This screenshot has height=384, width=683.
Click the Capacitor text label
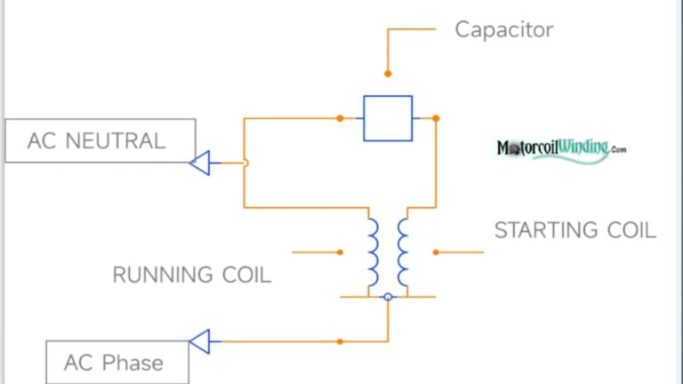(503, 29)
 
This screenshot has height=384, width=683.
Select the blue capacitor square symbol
(388, 118)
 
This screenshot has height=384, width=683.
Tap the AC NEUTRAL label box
(100, 140)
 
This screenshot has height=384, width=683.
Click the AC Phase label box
(117, 363)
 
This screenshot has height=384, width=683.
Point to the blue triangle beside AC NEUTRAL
(200, 163)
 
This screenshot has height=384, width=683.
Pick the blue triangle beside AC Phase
(200, 341)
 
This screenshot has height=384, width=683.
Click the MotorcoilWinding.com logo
(561, 149)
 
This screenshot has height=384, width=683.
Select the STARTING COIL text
(575, 230)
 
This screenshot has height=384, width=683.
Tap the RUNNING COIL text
(191, 275)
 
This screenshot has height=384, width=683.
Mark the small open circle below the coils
(388, 296)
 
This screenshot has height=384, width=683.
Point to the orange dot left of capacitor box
(340, 118)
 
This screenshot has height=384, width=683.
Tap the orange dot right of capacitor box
(436, 118)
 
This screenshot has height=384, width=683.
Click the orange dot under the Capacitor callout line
(388, 74)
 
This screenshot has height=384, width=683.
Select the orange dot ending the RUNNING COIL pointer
(340, 252)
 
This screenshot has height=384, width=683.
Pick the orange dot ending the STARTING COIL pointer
(436, 252)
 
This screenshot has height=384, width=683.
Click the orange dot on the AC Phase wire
(340, 341)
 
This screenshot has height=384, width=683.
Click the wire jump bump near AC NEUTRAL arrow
(245, 163)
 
